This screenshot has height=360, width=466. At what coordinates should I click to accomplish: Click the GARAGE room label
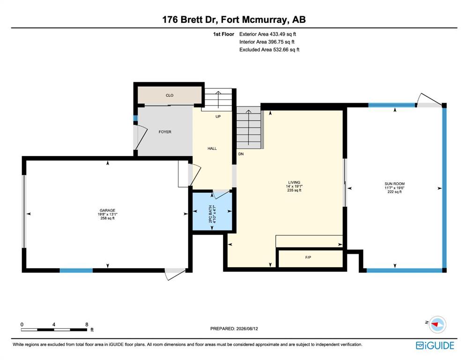point(107,210)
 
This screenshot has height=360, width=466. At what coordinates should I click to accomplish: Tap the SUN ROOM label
point(395,184)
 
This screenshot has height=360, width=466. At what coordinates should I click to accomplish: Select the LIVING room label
point(294,182)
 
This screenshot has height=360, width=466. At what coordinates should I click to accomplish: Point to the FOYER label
point(165,132)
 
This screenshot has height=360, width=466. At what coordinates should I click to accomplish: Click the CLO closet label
point(170,96)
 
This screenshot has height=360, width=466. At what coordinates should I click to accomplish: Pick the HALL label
point(212,149)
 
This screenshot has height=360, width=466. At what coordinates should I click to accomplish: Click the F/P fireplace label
point(308,257)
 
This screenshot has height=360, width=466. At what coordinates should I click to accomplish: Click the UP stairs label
point(218,117)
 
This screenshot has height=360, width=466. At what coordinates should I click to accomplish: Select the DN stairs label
point(241,154)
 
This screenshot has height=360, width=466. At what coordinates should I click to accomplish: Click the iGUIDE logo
point(435,345)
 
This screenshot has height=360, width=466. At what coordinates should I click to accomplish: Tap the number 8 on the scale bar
point(87,324)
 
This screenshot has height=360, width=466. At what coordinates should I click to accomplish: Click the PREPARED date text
point(234,329)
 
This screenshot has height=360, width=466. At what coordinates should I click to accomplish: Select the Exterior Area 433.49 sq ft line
point(267,34)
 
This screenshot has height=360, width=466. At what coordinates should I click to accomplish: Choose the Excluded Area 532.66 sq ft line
point(269,50)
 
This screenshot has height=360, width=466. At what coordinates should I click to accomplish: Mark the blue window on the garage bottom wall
point(76,270)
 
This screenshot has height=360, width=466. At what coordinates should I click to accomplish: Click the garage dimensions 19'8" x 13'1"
point(107,214)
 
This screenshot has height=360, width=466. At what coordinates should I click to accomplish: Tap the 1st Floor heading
point(223,34)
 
